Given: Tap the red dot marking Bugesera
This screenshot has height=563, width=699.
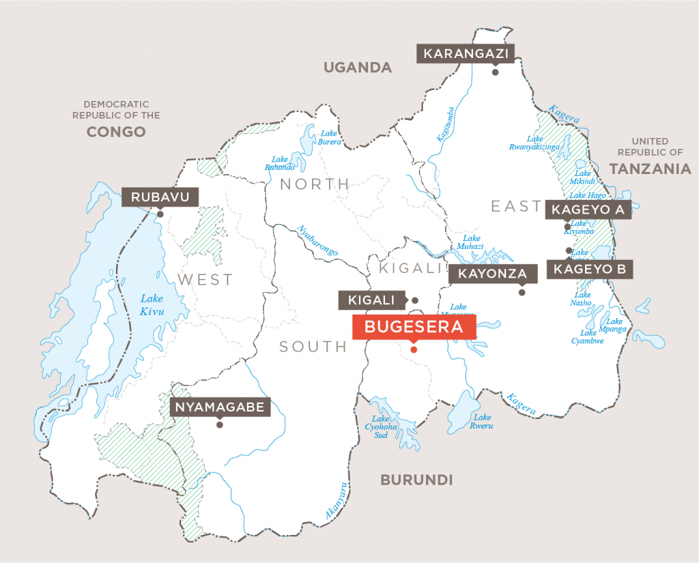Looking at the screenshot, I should coord(413,349).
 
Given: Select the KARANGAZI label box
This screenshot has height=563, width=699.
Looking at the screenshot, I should coord(466,53).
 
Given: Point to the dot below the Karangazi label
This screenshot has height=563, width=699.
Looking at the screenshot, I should coord(495,72).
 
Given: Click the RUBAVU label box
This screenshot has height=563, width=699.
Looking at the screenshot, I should coord(160,197).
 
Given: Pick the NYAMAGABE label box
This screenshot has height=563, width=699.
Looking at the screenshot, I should coord(220,407).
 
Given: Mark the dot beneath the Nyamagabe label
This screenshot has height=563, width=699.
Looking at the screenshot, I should coord(219,424).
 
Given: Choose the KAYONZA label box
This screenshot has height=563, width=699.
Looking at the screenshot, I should coord(492,274).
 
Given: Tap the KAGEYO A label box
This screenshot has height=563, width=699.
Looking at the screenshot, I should coord(588,210).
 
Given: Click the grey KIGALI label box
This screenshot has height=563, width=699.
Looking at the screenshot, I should coord(372,300).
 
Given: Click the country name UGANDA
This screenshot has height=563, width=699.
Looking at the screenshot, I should coord(358,67).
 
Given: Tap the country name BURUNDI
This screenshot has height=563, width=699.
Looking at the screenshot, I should coord(416,480).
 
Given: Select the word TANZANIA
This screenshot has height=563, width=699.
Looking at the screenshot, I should coord(650,169).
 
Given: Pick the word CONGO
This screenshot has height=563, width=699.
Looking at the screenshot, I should coord(116,131).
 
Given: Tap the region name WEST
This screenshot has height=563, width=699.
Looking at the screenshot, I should coord(205,279).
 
